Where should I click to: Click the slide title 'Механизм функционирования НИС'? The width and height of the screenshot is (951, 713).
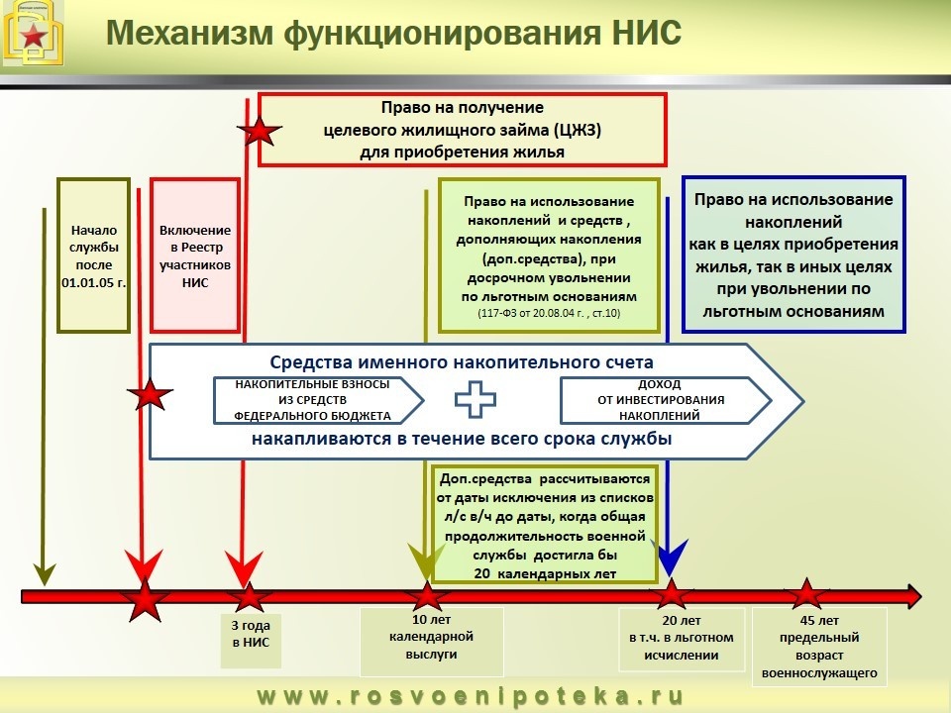pyautogui.click(x=393, y=32)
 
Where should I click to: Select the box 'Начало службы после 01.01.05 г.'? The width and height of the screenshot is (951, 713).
pyautogui.click(x=94, y=255)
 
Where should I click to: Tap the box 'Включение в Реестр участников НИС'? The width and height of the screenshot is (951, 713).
pyautogui.click(x=195, y=255)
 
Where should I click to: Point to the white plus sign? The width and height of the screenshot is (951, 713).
pyautogui.click(x=475, y=399)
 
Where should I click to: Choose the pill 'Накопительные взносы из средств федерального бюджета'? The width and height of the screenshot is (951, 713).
pyautogui.click(x=313, y=399)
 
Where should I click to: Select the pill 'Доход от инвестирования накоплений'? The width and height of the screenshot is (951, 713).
pyautogui.click(x=662, y=399)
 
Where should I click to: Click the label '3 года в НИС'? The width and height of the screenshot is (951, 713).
pyautogui.click(x=250, y=634)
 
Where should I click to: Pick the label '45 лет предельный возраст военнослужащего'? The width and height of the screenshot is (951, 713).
pyautogui.click(x=819, y=646)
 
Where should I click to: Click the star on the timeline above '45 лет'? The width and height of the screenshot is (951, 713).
pyautogui.click(x=806, y=594)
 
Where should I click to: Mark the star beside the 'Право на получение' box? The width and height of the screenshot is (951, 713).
pyautogui.click(x=261, y=130)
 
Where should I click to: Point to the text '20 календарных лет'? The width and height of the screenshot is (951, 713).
pyautogui.click(x=545, y=573)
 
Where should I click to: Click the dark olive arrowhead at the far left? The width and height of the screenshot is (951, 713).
pyautogui.click(x=44, y=571)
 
